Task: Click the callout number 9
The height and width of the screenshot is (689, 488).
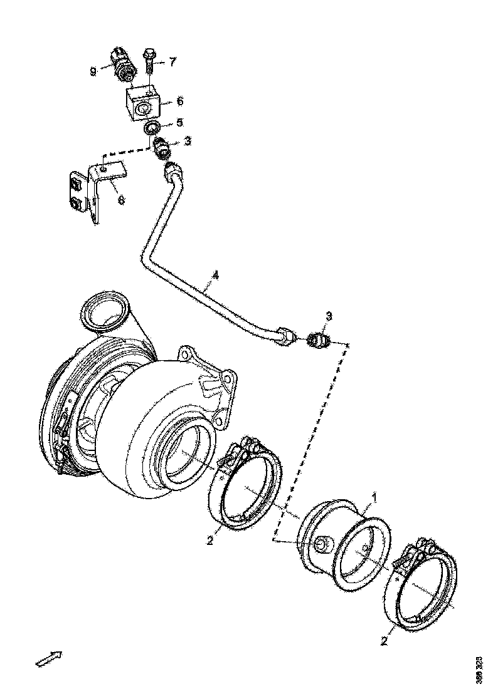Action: (x=93, y=71)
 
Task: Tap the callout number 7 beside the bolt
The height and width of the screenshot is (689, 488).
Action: (x=172, y=62)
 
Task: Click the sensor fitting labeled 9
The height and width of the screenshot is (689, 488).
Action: (x=121, y=64)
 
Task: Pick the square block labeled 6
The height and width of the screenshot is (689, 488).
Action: (x=144, y=103)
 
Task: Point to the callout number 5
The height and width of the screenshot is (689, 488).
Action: (x=179, y=122)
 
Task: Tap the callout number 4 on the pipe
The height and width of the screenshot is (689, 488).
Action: (x=215, y=275)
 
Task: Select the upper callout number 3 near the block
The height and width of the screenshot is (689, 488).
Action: (x=187, y=142)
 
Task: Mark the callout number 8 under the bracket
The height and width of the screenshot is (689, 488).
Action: (x=121, y=200)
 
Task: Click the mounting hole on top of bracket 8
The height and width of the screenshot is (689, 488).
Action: (x=102, y=167)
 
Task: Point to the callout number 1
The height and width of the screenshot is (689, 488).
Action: (x=374, y=498)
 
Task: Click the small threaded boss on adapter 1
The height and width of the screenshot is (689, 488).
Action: (x=321, y=544)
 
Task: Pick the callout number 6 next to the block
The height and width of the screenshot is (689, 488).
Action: (x=179, y=101)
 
